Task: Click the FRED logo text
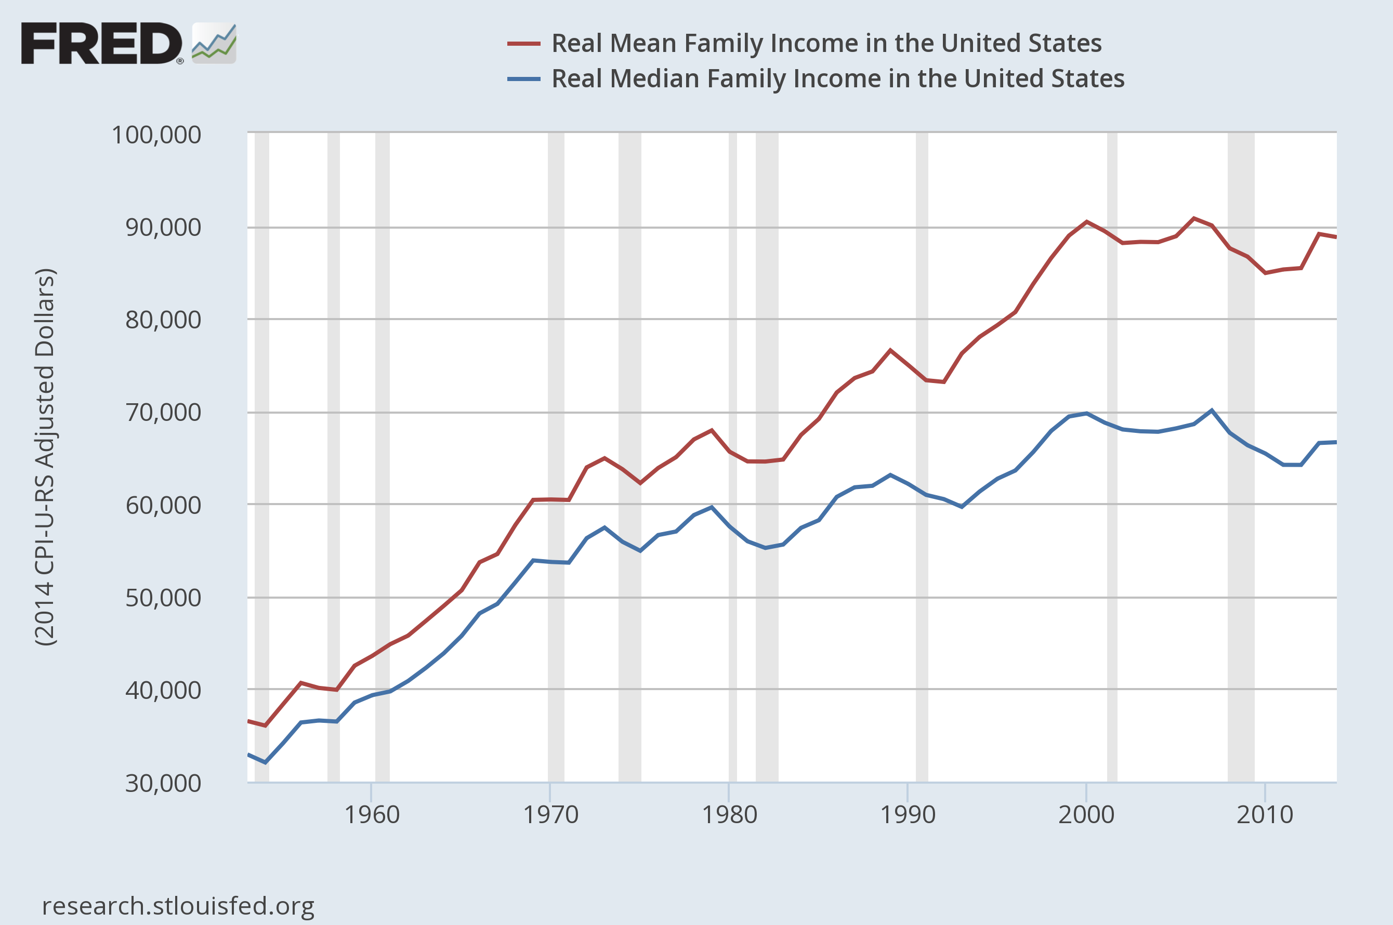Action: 101,43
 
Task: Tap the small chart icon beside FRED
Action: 214,43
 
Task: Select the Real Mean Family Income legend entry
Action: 826,43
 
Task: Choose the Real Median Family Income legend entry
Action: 838,78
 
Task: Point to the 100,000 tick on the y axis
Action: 156,135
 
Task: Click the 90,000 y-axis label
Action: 163,227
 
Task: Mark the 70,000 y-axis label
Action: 163,413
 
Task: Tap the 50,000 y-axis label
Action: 163,598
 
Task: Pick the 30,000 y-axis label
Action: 163,783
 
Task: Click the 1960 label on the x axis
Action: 372,815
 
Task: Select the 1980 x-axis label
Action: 729,815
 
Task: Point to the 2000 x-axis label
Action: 1086,815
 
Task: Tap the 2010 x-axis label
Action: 1265,815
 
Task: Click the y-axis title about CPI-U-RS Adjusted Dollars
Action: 45,457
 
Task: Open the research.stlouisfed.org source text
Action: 178,906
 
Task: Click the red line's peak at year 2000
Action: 1086,222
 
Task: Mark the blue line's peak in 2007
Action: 1211,410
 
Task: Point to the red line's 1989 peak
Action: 890,350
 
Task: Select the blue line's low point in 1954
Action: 265,763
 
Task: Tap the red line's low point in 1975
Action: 640,483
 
